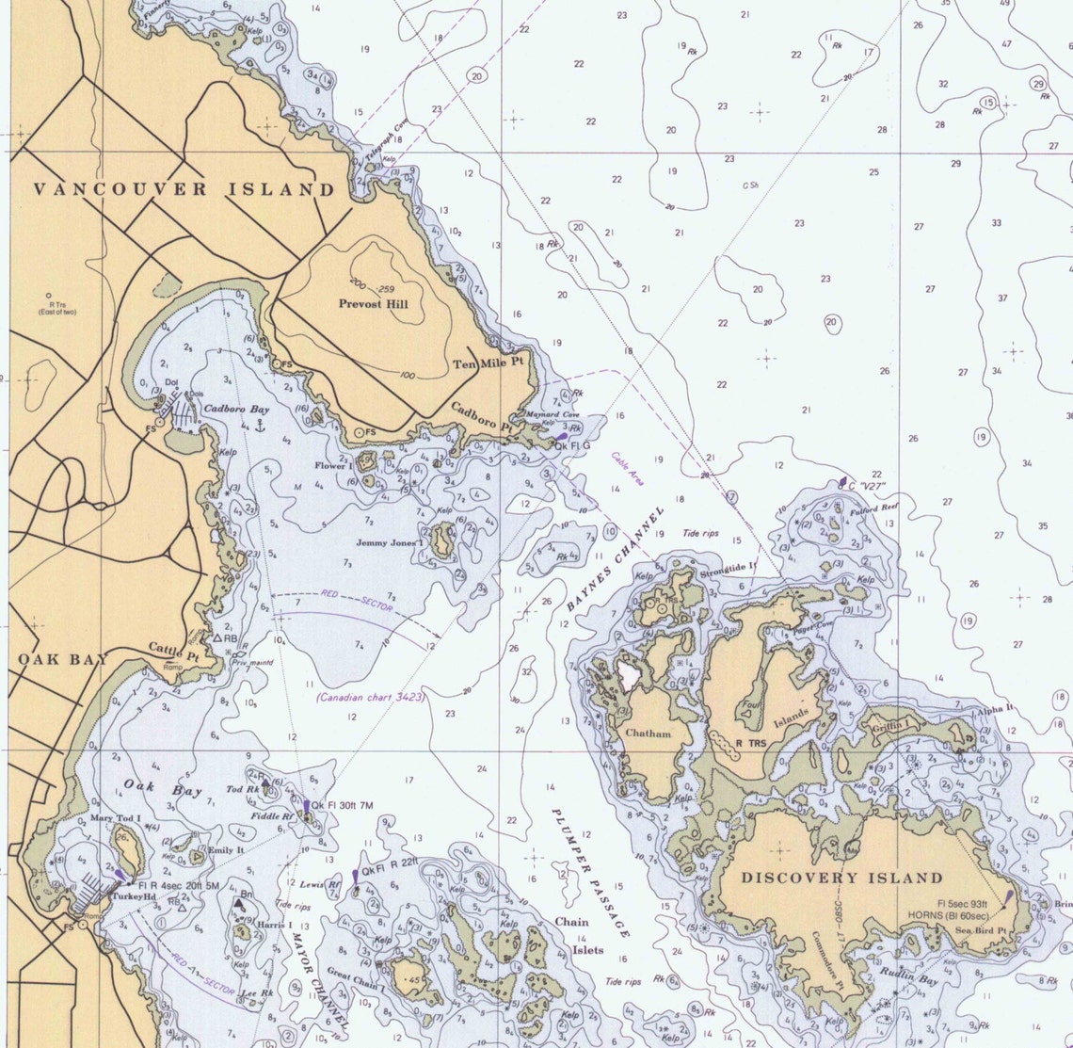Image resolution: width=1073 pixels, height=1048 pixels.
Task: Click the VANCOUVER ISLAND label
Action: (x=184, y=189)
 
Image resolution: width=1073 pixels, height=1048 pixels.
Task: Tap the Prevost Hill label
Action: (x=374, y=304)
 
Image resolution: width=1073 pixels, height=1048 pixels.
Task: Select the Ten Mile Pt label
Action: (x=488, y=363)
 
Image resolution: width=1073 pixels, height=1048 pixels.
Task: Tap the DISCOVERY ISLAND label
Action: (x=841, y=878)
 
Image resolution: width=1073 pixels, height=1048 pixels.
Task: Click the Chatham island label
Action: (x=649, y=733)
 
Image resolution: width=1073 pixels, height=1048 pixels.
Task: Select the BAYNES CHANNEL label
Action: (x=616, y=558)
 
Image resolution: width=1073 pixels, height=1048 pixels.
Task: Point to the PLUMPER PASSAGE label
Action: (x=589, y=871)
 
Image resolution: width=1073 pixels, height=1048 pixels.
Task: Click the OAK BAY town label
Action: (x=63, y=658)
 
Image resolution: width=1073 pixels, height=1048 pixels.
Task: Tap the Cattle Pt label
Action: (x=169, y=649)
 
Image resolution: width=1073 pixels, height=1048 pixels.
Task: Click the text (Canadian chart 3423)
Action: (x=371, y=698)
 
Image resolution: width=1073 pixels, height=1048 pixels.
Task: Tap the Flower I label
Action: (x=332, y=465)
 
